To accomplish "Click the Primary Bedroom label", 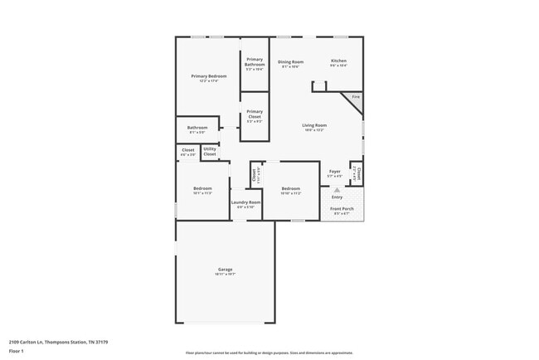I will (x=207, y=76).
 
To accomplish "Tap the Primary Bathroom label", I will (x=255, y=62).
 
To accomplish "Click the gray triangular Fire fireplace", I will (x=355, y=101).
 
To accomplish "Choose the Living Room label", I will (x=313, y=125).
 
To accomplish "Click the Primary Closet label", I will (x=255, y=114).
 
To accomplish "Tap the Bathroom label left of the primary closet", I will (x=197, y=128).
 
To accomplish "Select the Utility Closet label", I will (x=210, y=151).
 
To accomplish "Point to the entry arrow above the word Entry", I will (x=337, y=190).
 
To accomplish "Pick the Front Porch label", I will (x=342, y=211).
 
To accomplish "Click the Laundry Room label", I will (x=245, y=202).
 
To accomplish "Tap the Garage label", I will (x=225, y=270).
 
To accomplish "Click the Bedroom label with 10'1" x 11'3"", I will (x=202, y=188).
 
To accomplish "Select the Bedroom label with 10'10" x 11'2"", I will (x=290, y=188).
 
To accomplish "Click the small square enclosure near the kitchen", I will (x=319, y=86).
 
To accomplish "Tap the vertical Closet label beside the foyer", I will (x=358, y=174).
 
